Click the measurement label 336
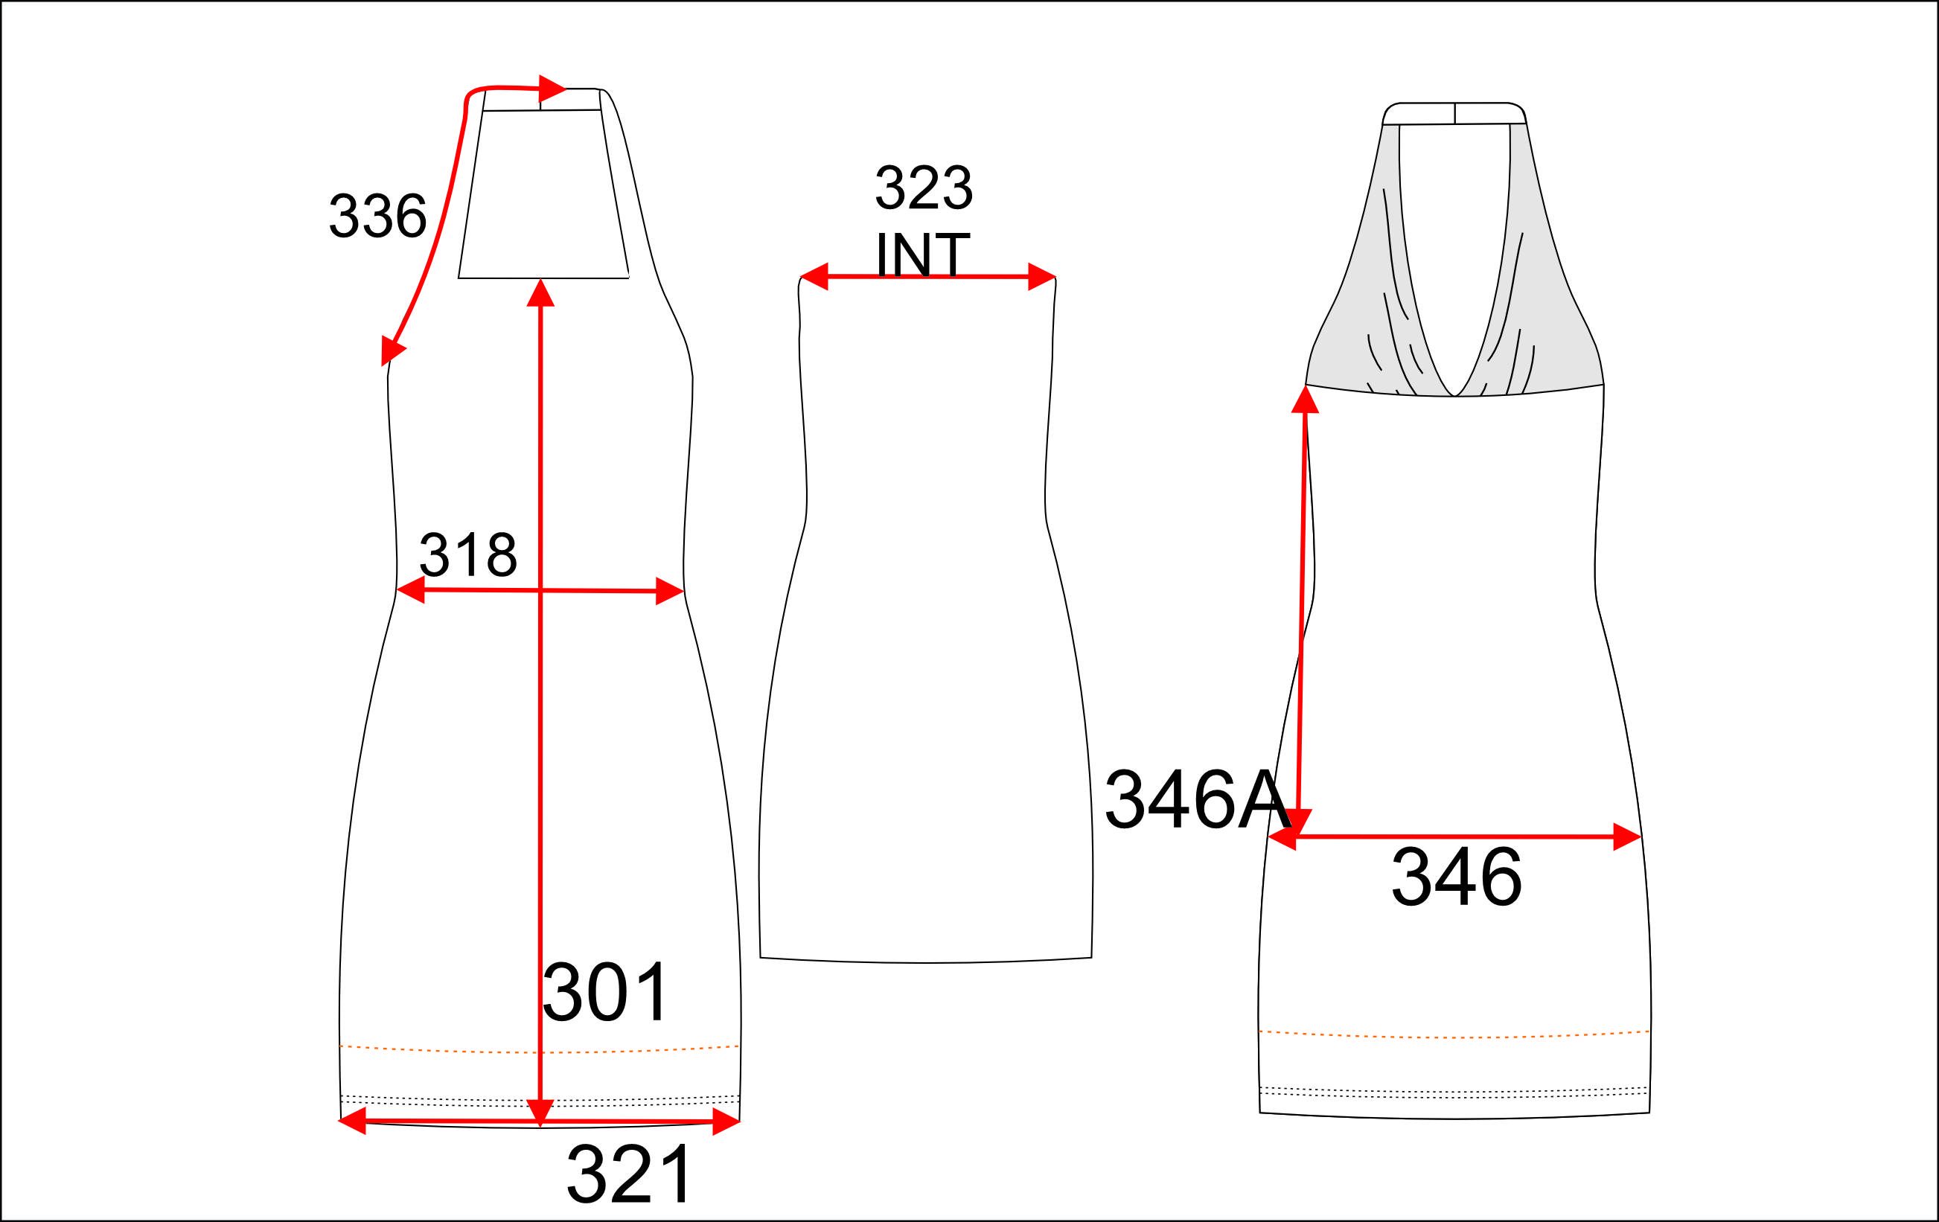pos(377,216)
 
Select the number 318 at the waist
pos(468,554)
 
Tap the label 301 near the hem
pos(606,992)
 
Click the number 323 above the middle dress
pos(924,188)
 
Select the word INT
pos(923,255)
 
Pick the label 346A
pos(1198,799)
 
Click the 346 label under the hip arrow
pos(1457,877)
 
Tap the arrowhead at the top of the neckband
pos(552,89)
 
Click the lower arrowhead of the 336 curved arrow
pos(392,351)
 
